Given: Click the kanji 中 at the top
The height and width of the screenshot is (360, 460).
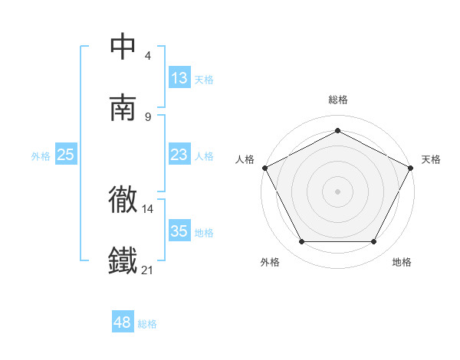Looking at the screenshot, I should pyautogui.click(x=123, y=46).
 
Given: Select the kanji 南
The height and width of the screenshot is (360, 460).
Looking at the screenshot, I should pyautogui.click(x=123, y=108).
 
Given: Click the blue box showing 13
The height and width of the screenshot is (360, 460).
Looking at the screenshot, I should pyautogui.click(x=179, y=78).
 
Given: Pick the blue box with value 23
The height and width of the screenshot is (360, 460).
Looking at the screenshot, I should pyautogui.click(x=179, y=155).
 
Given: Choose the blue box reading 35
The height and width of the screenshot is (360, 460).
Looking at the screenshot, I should pyautogui.click(x=179, y=231).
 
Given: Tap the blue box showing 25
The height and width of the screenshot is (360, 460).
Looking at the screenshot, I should pyautogui.click(x=66, y=155).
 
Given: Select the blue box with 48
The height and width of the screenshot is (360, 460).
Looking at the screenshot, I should pyautogui.click(x=123, y=322).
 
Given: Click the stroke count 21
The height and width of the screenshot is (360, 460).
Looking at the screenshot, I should pyautogui.click(x=148, y=270).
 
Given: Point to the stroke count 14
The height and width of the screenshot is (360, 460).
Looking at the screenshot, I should pyautogui.click(x=148, y=208).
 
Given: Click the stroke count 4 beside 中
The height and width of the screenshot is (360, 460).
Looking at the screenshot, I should pyautogui.click(x=148, y=55).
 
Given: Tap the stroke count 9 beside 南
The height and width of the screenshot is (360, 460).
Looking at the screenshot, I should pyautogui.click(x=148, y=116).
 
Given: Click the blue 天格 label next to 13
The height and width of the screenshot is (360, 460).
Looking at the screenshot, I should pyautogui.click(x=204, y=79).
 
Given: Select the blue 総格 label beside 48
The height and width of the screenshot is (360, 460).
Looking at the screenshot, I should pyautogui.click(x=147, y=324).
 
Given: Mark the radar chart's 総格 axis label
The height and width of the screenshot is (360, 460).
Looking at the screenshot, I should pyautogui.click(x=337, y=100).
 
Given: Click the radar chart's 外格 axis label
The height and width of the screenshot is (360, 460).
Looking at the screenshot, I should pyautogui.click(x=270, y=262).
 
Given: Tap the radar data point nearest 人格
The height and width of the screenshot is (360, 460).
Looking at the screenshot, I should pyautogui.click(x=264, y=167).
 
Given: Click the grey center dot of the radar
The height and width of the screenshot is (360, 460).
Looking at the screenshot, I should pyautogui.click(x=337, y=191).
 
